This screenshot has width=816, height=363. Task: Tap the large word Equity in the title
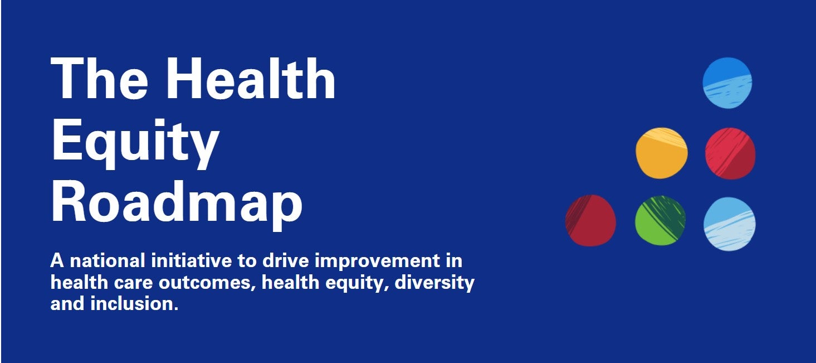135,142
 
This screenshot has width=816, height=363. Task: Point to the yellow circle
661,153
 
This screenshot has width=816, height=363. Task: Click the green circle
660,221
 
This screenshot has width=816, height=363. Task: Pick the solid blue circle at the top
727,83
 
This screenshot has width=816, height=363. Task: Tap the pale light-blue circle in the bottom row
730,224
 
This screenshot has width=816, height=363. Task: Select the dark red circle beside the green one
591,220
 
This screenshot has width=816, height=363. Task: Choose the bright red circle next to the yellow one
730,153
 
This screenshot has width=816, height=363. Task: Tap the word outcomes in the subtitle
207,283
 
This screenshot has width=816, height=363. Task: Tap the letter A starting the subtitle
56,261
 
